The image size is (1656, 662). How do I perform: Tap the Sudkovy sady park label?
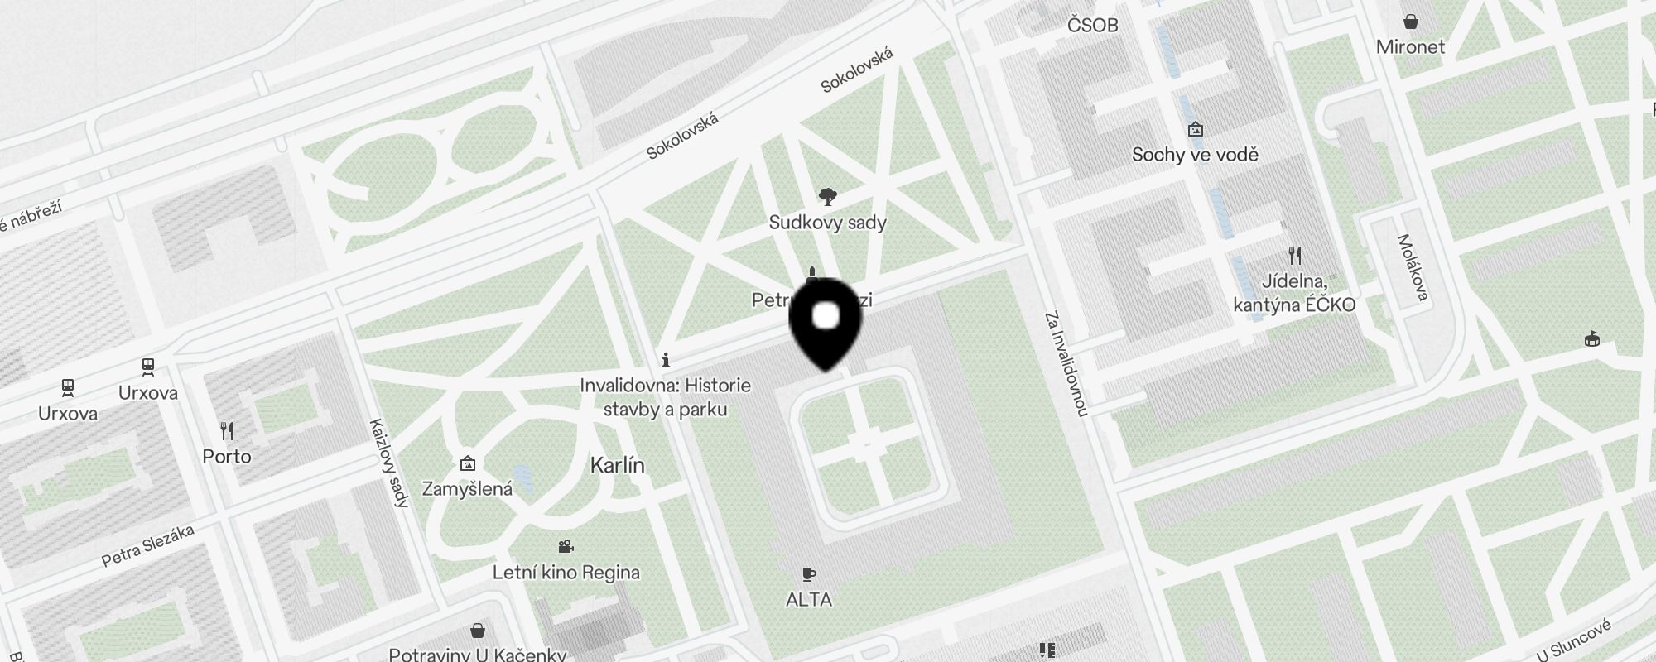(827, 223)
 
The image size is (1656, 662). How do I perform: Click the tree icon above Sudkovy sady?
(827, 197)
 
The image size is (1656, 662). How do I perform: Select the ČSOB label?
(1092, 26)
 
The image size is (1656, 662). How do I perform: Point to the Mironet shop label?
(1410, 47)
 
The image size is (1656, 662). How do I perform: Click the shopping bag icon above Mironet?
(1410, 22)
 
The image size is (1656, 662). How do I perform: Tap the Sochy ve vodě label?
(1195, 155)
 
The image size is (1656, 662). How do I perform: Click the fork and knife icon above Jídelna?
(1295, 256)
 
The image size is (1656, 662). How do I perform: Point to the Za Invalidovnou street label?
(1066, 363)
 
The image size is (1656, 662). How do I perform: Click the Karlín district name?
(617, 466)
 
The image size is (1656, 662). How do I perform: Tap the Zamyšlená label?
(467, 489)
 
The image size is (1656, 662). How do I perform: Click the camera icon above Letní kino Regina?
(566, 547)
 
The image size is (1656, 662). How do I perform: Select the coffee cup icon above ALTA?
(809, 574)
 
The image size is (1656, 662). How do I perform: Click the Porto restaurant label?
(227, 457)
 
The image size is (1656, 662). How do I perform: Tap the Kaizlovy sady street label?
(389, 462)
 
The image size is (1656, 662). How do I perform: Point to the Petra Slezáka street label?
(147, 546)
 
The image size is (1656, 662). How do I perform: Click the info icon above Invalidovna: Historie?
(666, 360)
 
